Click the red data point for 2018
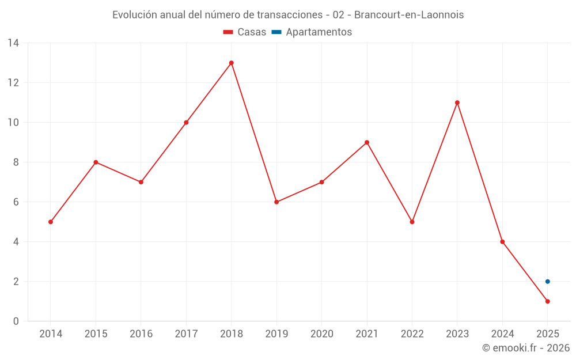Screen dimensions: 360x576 pos(232,63)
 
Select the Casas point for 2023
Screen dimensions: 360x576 pos(457,103)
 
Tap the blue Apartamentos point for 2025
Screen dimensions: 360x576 pos(548,282)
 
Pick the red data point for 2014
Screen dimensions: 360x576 pos(51,222)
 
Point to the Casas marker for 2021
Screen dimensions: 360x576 pos(367,142)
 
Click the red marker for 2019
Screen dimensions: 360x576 pos(276,202)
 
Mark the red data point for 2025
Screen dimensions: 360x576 pos(548,301)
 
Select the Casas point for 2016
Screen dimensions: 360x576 pos(141,182)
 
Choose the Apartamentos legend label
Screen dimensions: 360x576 pos(319,32)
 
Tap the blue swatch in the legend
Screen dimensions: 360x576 pos(276,32)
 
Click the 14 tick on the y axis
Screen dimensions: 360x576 pos(13,43)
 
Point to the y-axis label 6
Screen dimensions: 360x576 pos(16,202)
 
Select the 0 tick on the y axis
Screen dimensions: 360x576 pos(16,321)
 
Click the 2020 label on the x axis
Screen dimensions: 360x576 pos(321,334)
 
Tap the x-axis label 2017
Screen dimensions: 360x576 pos(186,334)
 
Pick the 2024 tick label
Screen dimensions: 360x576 pos(502,334)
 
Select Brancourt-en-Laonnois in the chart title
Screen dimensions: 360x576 pos(409,15)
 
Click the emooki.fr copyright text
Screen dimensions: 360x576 pos(526,348)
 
